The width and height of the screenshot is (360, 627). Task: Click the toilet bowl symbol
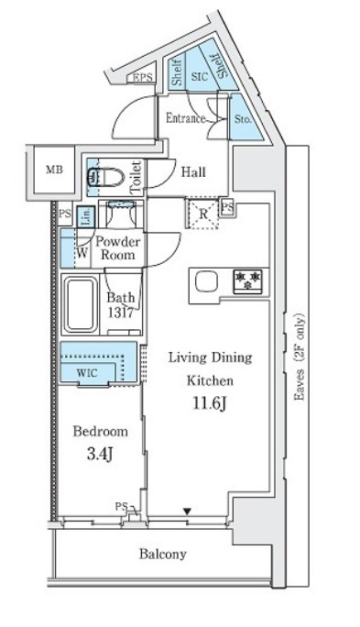pos(106,177)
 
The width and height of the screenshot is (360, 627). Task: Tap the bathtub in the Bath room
pos(81,304)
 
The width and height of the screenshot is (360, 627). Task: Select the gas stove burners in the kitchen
pos(247,281)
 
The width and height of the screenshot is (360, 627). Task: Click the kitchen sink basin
pos(206,281)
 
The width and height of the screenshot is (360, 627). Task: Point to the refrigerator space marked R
pos(202,214)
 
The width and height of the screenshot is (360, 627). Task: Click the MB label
pos(54,170)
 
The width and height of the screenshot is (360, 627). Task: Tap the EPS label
pos(143,78)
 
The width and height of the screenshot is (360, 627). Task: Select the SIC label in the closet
pos(200,76)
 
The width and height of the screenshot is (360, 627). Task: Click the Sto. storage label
pos(243,119)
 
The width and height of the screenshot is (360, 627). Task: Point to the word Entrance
pos(186,118)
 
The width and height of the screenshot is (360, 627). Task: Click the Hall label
pos(193,172)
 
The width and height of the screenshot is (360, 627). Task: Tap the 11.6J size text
pos(210,404)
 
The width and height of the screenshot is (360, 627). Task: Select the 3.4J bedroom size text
pos(100,455)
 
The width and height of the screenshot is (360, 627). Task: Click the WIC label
pos(87,373)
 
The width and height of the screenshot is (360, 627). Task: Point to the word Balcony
pos(163,555)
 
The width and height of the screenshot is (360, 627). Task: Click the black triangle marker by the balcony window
pos(187,511)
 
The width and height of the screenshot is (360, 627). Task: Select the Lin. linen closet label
pos(86,217)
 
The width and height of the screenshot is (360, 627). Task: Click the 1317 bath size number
pos(120,313)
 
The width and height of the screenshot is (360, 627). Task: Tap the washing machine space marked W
pos(82,254)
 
